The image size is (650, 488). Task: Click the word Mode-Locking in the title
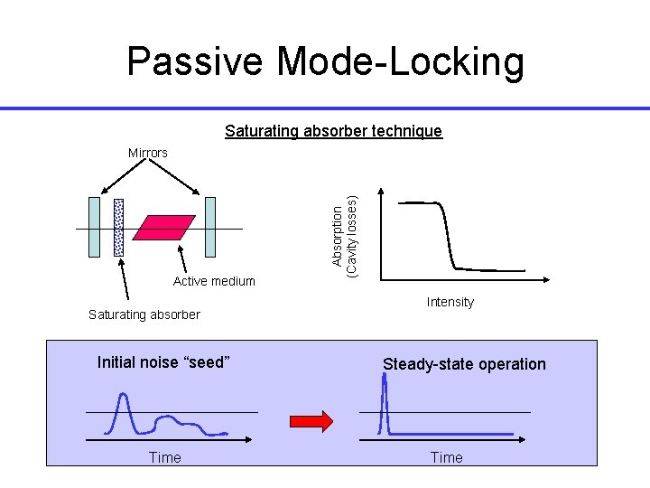(401, 61)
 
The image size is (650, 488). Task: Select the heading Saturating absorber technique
(333, 131)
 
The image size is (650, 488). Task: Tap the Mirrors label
(147, 153)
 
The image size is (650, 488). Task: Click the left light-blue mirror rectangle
(94, 227)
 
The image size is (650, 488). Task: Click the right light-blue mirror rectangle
(211, 227)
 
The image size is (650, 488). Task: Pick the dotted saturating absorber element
(118, 227)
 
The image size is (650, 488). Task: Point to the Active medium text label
(214, 281)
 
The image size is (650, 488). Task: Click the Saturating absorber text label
(144, 314)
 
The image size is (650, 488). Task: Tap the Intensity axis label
(450, 302)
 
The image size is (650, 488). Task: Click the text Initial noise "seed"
(163, 362)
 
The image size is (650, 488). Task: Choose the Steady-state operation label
(464, 364)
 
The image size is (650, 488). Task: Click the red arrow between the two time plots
(311, 420)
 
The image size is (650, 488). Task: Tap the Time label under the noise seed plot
(164, 457)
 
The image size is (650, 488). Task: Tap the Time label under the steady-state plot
(446, 457)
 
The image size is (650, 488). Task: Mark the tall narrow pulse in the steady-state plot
(385, 398)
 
